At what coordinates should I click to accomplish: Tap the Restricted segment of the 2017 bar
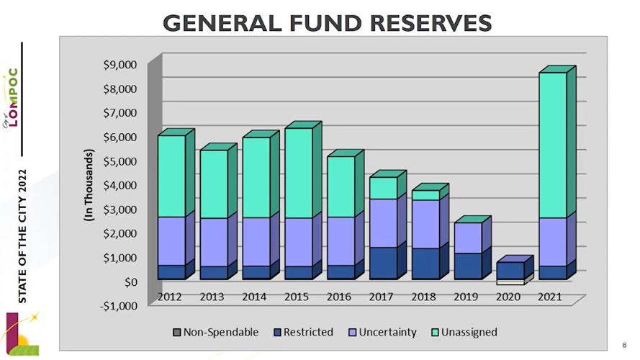[x=382, y=263]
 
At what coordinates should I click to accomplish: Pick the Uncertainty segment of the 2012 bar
[x=171, y=240]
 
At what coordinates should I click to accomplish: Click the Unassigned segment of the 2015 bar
[x=298, y=173]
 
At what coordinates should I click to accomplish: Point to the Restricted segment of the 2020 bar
[x=510, y=270]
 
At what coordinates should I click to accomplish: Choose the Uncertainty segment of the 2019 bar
[x=467, y=238]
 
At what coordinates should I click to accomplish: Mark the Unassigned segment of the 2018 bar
[x=425, y=195]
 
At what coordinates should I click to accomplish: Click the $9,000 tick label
[x=120, y=65]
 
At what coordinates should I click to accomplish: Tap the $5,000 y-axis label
[x=120, y=161]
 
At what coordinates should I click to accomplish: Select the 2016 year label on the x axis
[x=338, y=296]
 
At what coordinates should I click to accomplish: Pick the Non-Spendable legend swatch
[x=176, y=333]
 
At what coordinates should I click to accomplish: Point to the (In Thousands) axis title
[x=89, y=184]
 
